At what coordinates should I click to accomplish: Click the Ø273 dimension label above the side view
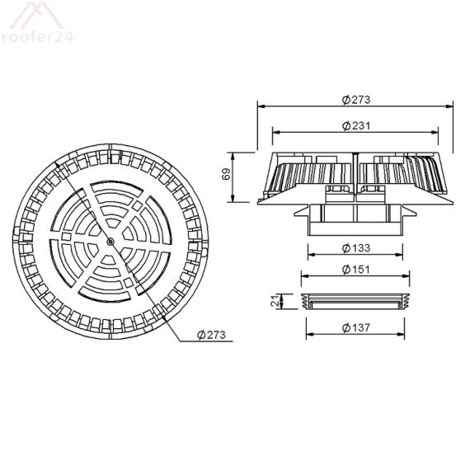[x=355, y=99]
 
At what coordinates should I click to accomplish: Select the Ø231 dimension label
[x=355, y=125]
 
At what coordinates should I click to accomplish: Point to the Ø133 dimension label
[x=355, y=247]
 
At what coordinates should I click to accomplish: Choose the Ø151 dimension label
[x=355, y=270]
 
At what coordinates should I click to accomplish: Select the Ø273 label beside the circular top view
[x=213, y=334]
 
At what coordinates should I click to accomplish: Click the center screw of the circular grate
[x=110, y=241]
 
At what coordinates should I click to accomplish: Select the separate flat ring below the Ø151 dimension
[x=355, y=302]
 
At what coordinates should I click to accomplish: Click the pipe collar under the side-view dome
[x=355, y=219]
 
